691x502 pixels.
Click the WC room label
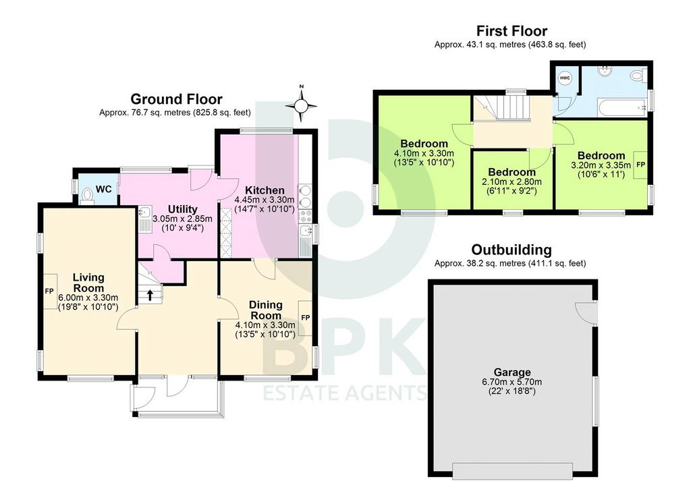[103, 189]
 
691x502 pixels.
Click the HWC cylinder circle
[565, 78]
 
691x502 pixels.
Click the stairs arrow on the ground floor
[150, 295]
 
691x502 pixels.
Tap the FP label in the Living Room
[49, 291]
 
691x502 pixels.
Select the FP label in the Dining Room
[306, 318]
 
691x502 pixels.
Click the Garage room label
[512, 372]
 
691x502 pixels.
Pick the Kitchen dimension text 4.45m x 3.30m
[265, 200]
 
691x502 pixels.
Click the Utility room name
[182, 209]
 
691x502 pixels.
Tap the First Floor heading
[512, 31]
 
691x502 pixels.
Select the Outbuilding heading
[512, 250]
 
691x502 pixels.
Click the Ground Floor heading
[176, 99]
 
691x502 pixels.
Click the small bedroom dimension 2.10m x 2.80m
[512, 182]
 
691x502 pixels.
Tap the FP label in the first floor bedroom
[641, 165]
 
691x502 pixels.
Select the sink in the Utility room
[144, 219]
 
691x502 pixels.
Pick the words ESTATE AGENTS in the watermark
[345, 392]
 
